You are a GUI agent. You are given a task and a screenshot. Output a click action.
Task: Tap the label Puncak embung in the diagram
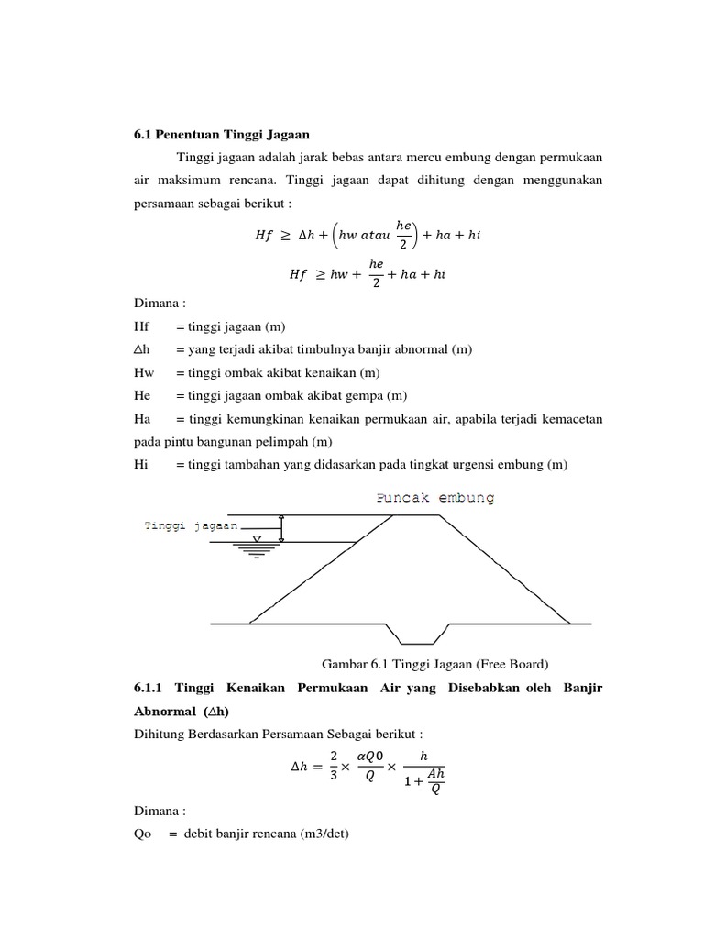click(x=435, y=498)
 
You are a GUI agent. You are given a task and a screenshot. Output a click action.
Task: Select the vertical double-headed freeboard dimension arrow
click(x=282, y=528)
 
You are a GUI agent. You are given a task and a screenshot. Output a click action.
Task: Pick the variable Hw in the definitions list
click(x=143, y=371)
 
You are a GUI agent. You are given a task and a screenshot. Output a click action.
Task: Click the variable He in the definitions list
click(x=142, y=395)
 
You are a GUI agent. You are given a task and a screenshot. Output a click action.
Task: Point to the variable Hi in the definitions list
click(x=141, y=465)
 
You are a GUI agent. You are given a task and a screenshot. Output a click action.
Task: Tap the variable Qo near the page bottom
click(x=143, y=834)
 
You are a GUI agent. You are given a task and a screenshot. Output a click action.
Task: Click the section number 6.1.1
click(x=150, y=688)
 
